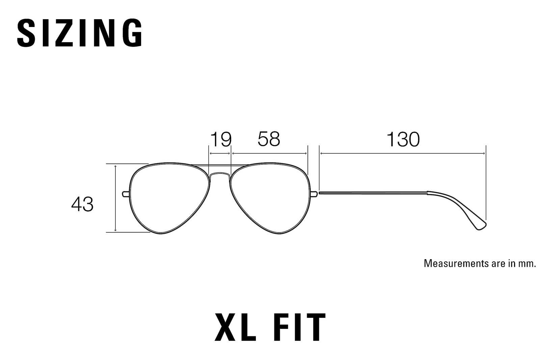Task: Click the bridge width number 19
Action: pos(221,139)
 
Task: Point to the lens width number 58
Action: pos(269,139)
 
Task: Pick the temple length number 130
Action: pos(403,139)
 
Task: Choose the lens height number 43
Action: pos(82,204)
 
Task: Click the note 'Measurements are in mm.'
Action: pos(480,264)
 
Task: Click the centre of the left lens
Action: pos(169,198)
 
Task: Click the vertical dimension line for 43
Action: pos(115,198)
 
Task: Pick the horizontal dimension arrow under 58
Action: pos(269,154)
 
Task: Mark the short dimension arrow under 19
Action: pos(220,154)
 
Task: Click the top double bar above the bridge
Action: pos(220,165)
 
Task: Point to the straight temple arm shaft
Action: pos(373,193)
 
